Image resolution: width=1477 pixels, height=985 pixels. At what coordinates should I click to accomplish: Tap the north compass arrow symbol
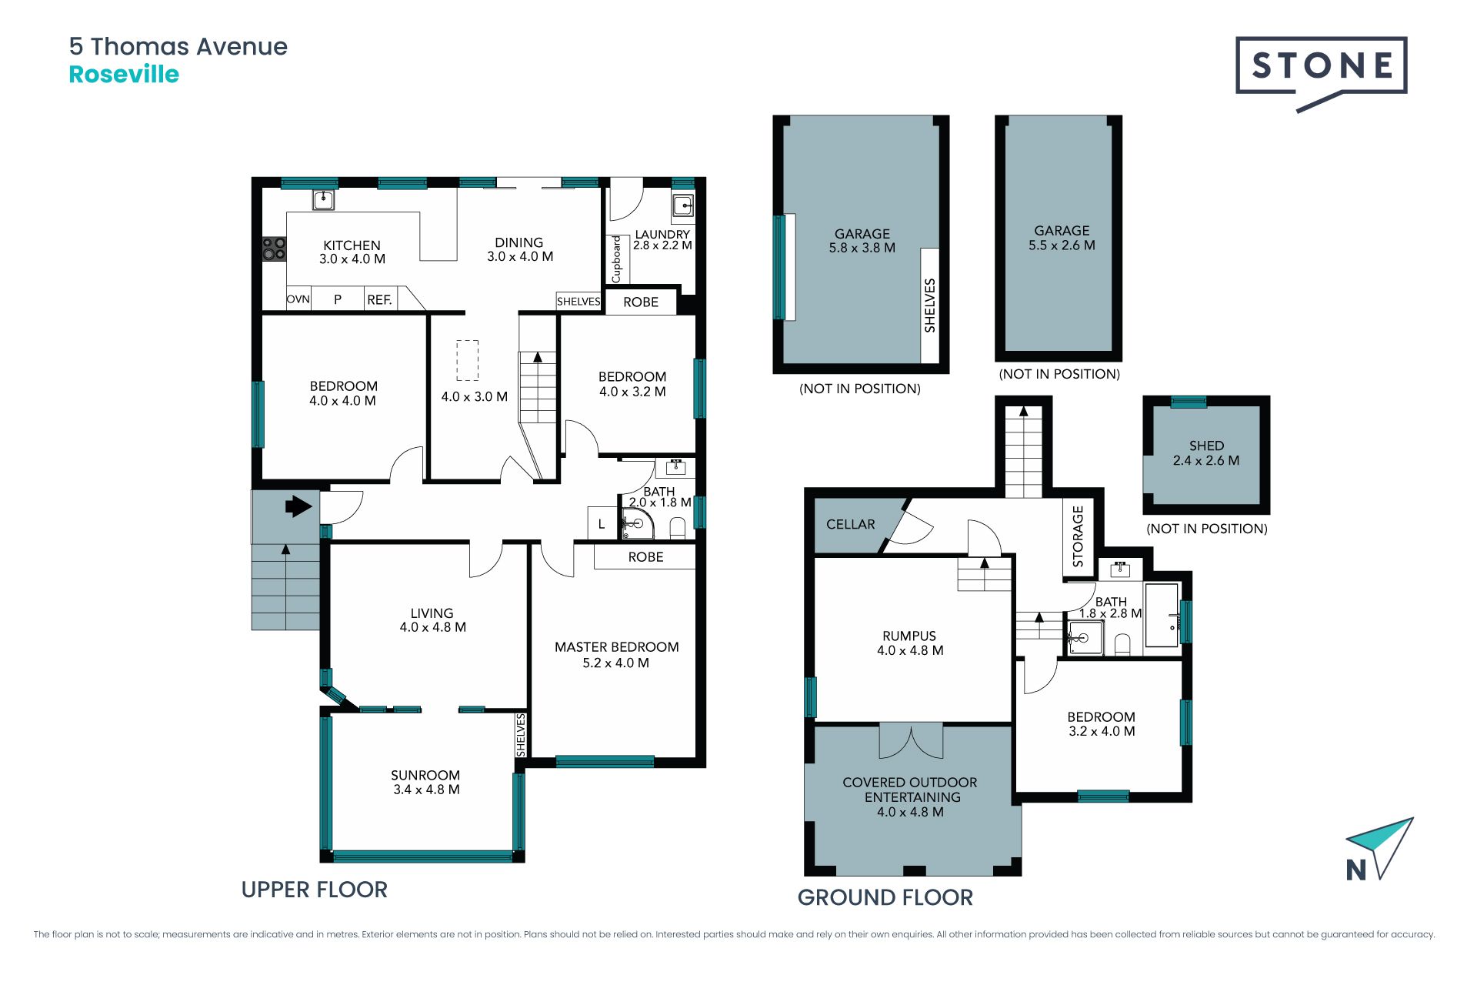pos(1379,849)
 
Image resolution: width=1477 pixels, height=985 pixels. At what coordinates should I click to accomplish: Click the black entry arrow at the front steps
pos(298,506)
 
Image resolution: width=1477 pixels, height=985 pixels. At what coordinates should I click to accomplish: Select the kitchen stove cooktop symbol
pos(275,249)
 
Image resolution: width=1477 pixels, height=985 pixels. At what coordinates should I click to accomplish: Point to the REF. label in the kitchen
pos(379,300)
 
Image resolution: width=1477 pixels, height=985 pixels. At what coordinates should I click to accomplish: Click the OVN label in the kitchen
pos(298,299)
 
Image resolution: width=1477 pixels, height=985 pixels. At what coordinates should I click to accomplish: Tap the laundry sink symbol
pos(682,205)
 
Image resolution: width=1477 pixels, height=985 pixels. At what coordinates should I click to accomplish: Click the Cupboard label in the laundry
pos(617,259)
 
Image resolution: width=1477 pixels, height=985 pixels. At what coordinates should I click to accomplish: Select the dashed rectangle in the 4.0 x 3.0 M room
pos(467,360)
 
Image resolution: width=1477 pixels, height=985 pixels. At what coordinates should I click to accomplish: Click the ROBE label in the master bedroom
pos(645,557)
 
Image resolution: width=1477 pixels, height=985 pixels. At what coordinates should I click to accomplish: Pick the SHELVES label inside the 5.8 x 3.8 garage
pos(930,306)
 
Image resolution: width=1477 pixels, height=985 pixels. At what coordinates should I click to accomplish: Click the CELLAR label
pos(850,524)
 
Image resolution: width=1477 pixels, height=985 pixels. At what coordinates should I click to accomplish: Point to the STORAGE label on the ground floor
pos(1078,536)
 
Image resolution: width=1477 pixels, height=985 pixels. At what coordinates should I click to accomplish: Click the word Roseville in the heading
pos(124,75)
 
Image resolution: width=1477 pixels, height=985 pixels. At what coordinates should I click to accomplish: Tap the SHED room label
pos(1206,446)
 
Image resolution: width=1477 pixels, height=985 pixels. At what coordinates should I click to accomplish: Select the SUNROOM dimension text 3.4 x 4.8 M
pos(426,790)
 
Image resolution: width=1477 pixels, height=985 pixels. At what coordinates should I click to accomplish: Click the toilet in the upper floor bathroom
pos(678,528)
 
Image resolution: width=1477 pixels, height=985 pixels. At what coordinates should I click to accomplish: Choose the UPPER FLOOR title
pos(314,890)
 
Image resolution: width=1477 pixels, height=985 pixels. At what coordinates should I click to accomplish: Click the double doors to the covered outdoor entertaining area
pos(911,740)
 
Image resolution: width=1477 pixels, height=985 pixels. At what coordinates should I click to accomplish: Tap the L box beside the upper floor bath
pos(602,523)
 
